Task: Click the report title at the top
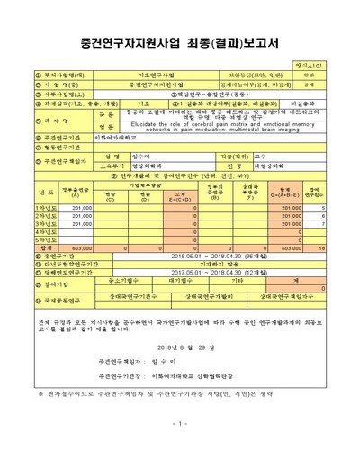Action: point(179,41)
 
